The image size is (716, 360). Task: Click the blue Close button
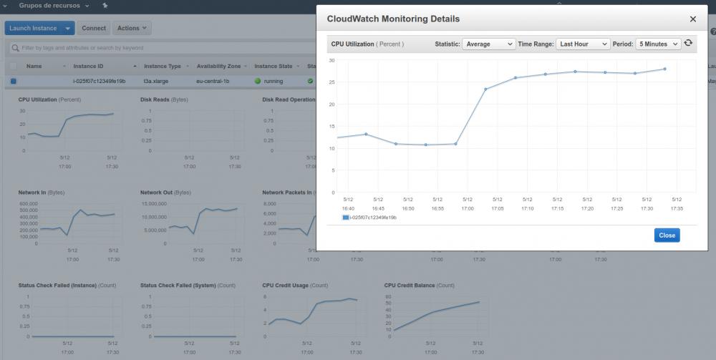click(667, 235)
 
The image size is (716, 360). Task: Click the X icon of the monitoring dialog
click(692, 19)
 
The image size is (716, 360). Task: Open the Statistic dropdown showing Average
click(488, 44)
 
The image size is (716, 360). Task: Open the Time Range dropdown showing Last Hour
click(583, 44)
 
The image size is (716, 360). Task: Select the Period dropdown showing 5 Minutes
click(657, 44)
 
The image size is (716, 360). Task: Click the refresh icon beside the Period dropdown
click(689, 44)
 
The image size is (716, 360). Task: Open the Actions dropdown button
click(132, 28)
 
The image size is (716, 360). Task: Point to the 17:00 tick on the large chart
click(467, 208)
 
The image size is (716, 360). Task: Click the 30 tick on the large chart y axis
click(332, 60)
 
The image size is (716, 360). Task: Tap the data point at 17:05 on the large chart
click(485, 89)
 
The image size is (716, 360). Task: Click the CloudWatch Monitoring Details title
click(393, 19)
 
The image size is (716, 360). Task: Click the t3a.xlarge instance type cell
click(155, 81)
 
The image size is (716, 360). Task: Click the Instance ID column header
click(88, 66)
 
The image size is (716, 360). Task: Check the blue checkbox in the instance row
click(13, 81)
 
